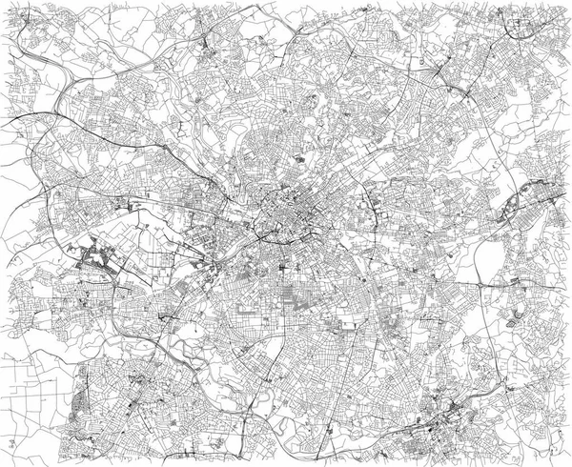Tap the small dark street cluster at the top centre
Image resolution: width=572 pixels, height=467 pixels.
[208, 48]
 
